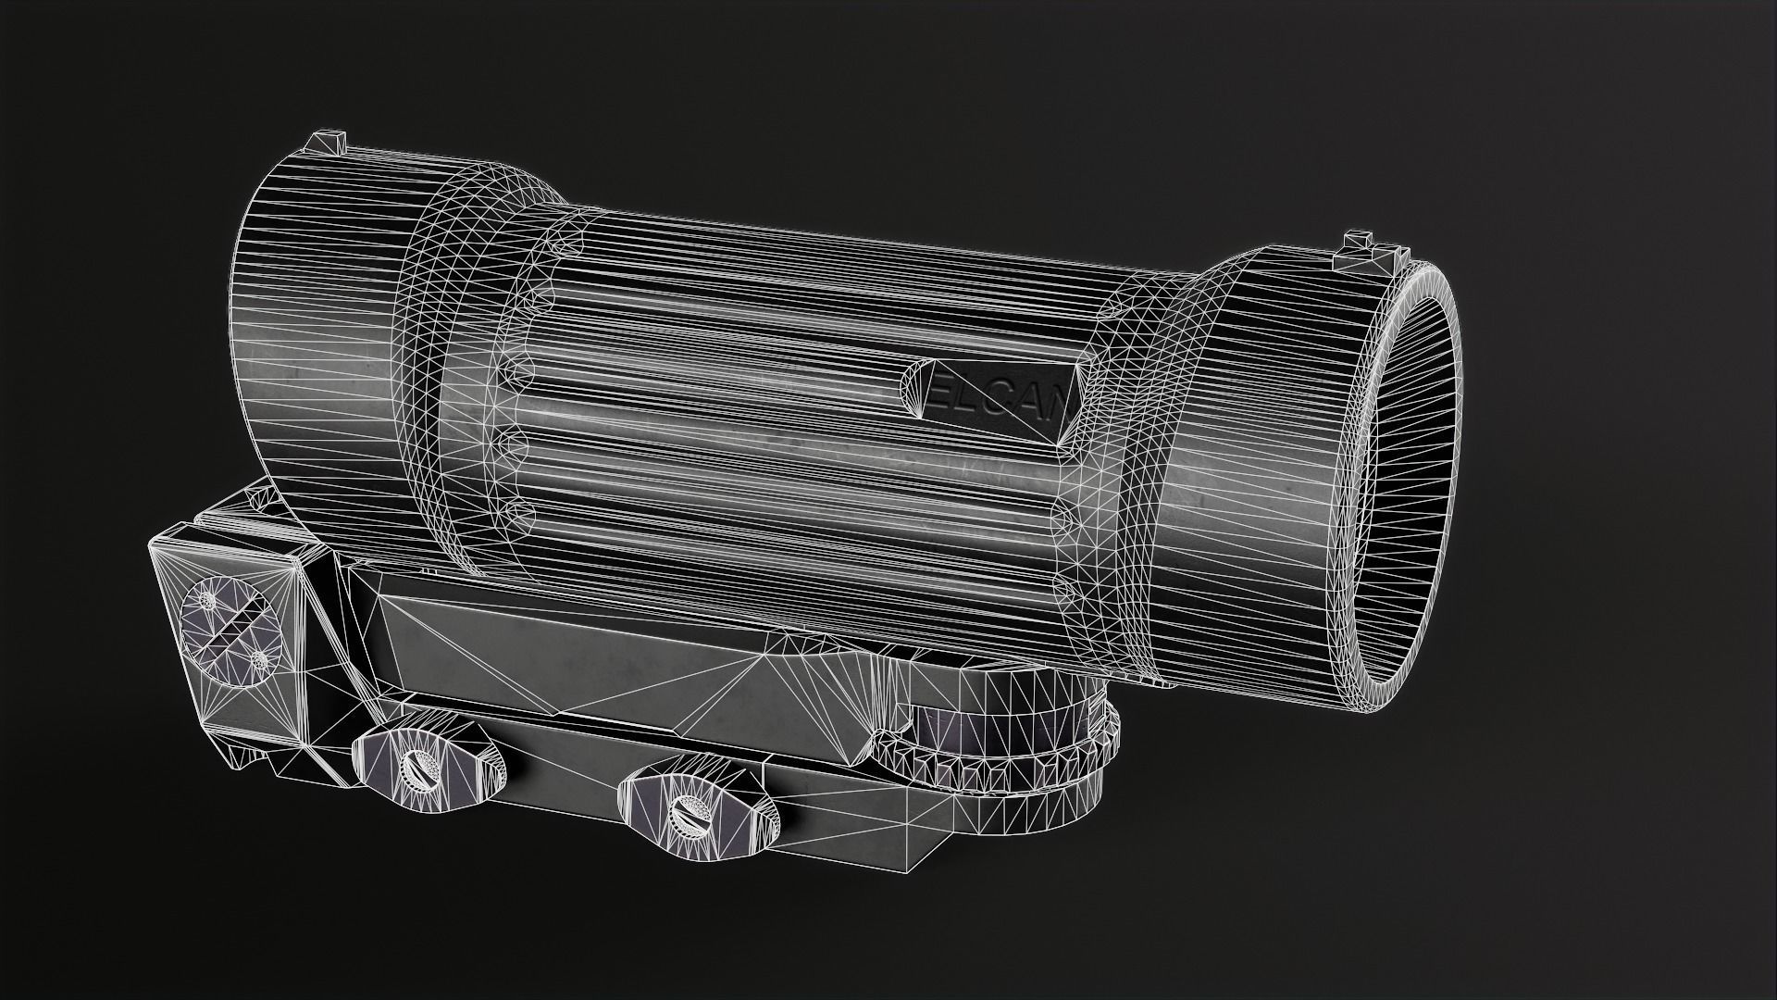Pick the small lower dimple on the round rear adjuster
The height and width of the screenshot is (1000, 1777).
point(260,658)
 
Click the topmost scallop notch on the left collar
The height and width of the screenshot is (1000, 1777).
point(562,243)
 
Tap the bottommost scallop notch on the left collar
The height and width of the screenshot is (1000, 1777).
point(516,511)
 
